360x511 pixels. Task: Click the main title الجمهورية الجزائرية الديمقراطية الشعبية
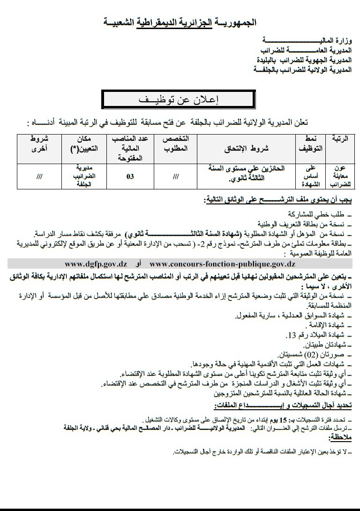pyautogui.click(x=180, y=22)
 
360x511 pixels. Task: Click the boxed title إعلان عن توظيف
pyautogui.click(x=180, y=100)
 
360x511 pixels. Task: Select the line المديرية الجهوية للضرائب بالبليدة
pyautogui.click(x=302, y=60)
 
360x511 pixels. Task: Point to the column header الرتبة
pyautogui.click(x=343, y=140)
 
